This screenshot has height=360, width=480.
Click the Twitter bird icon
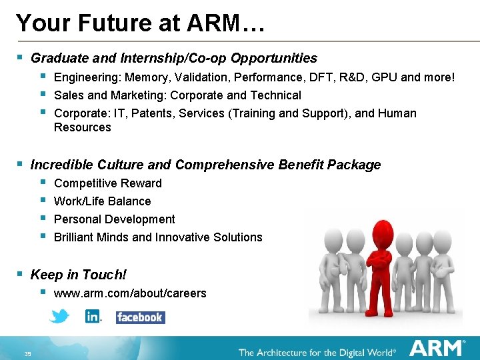(x=59, y=316)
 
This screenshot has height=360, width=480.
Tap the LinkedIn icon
(x=93, y=317)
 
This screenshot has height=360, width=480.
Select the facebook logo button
(x=140, y=317)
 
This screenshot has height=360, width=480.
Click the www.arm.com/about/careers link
(x=130, y=293)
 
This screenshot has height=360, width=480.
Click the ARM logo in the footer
(x=437, y=349)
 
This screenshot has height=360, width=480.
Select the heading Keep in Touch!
(x=79, y=275)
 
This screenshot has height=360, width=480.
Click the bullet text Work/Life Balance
(x=102, y=201)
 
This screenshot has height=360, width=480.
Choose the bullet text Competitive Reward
(x=107, y=183)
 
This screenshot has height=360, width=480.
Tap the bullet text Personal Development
(x=114, y=219)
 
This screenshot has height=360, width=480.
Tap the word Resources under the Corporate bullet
(x=83, y=127)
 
